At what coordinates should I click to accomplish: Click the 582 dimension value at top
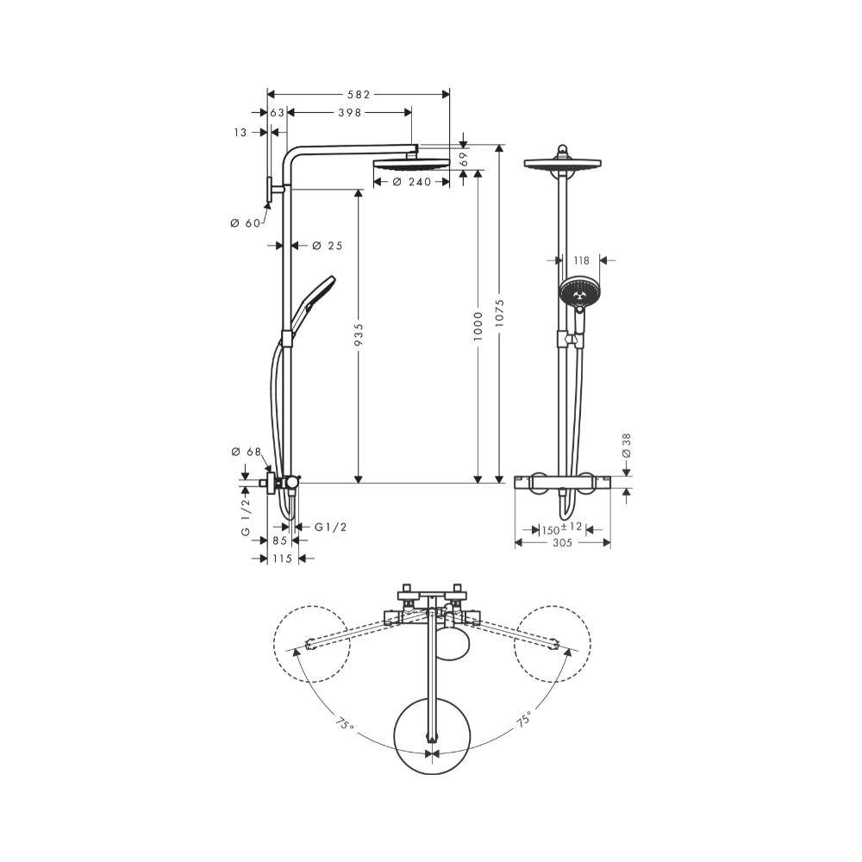pos(359,93)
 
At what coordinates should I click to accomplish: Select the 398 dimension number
pos(349,113)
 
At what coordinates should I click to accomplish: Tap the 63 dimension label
pos(277,113)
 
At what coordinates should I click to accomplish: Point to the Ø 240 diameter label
pos(410,182)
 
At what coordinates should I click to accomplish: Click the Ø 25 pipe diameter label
pos(327,246)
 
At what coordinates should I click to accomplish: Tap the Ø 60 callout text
pos(246,223)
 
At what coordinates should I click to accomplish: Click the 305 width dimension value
pos(562,542)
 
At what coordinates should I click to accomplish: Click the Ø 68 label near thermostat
pos(246,452)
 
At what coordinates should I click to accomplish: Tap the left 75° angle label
pos(344,725)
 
